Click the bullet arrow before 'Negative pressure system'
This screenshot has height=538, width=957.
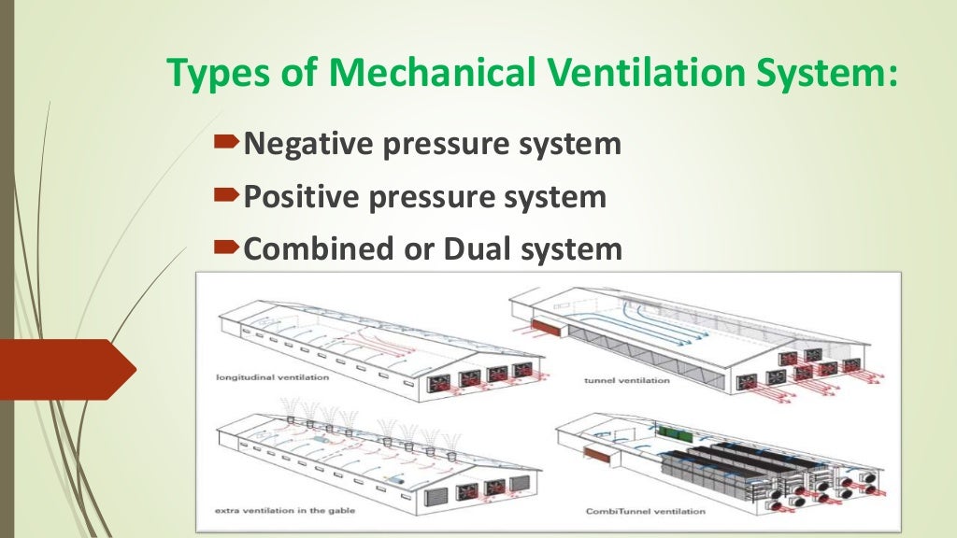(x=226, y=143)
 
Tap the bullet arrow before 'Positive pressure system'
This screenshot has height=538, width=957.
(x=226, y=195)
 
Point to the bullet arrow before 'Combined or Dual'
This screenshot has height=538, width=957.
(x=226, y=248)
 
